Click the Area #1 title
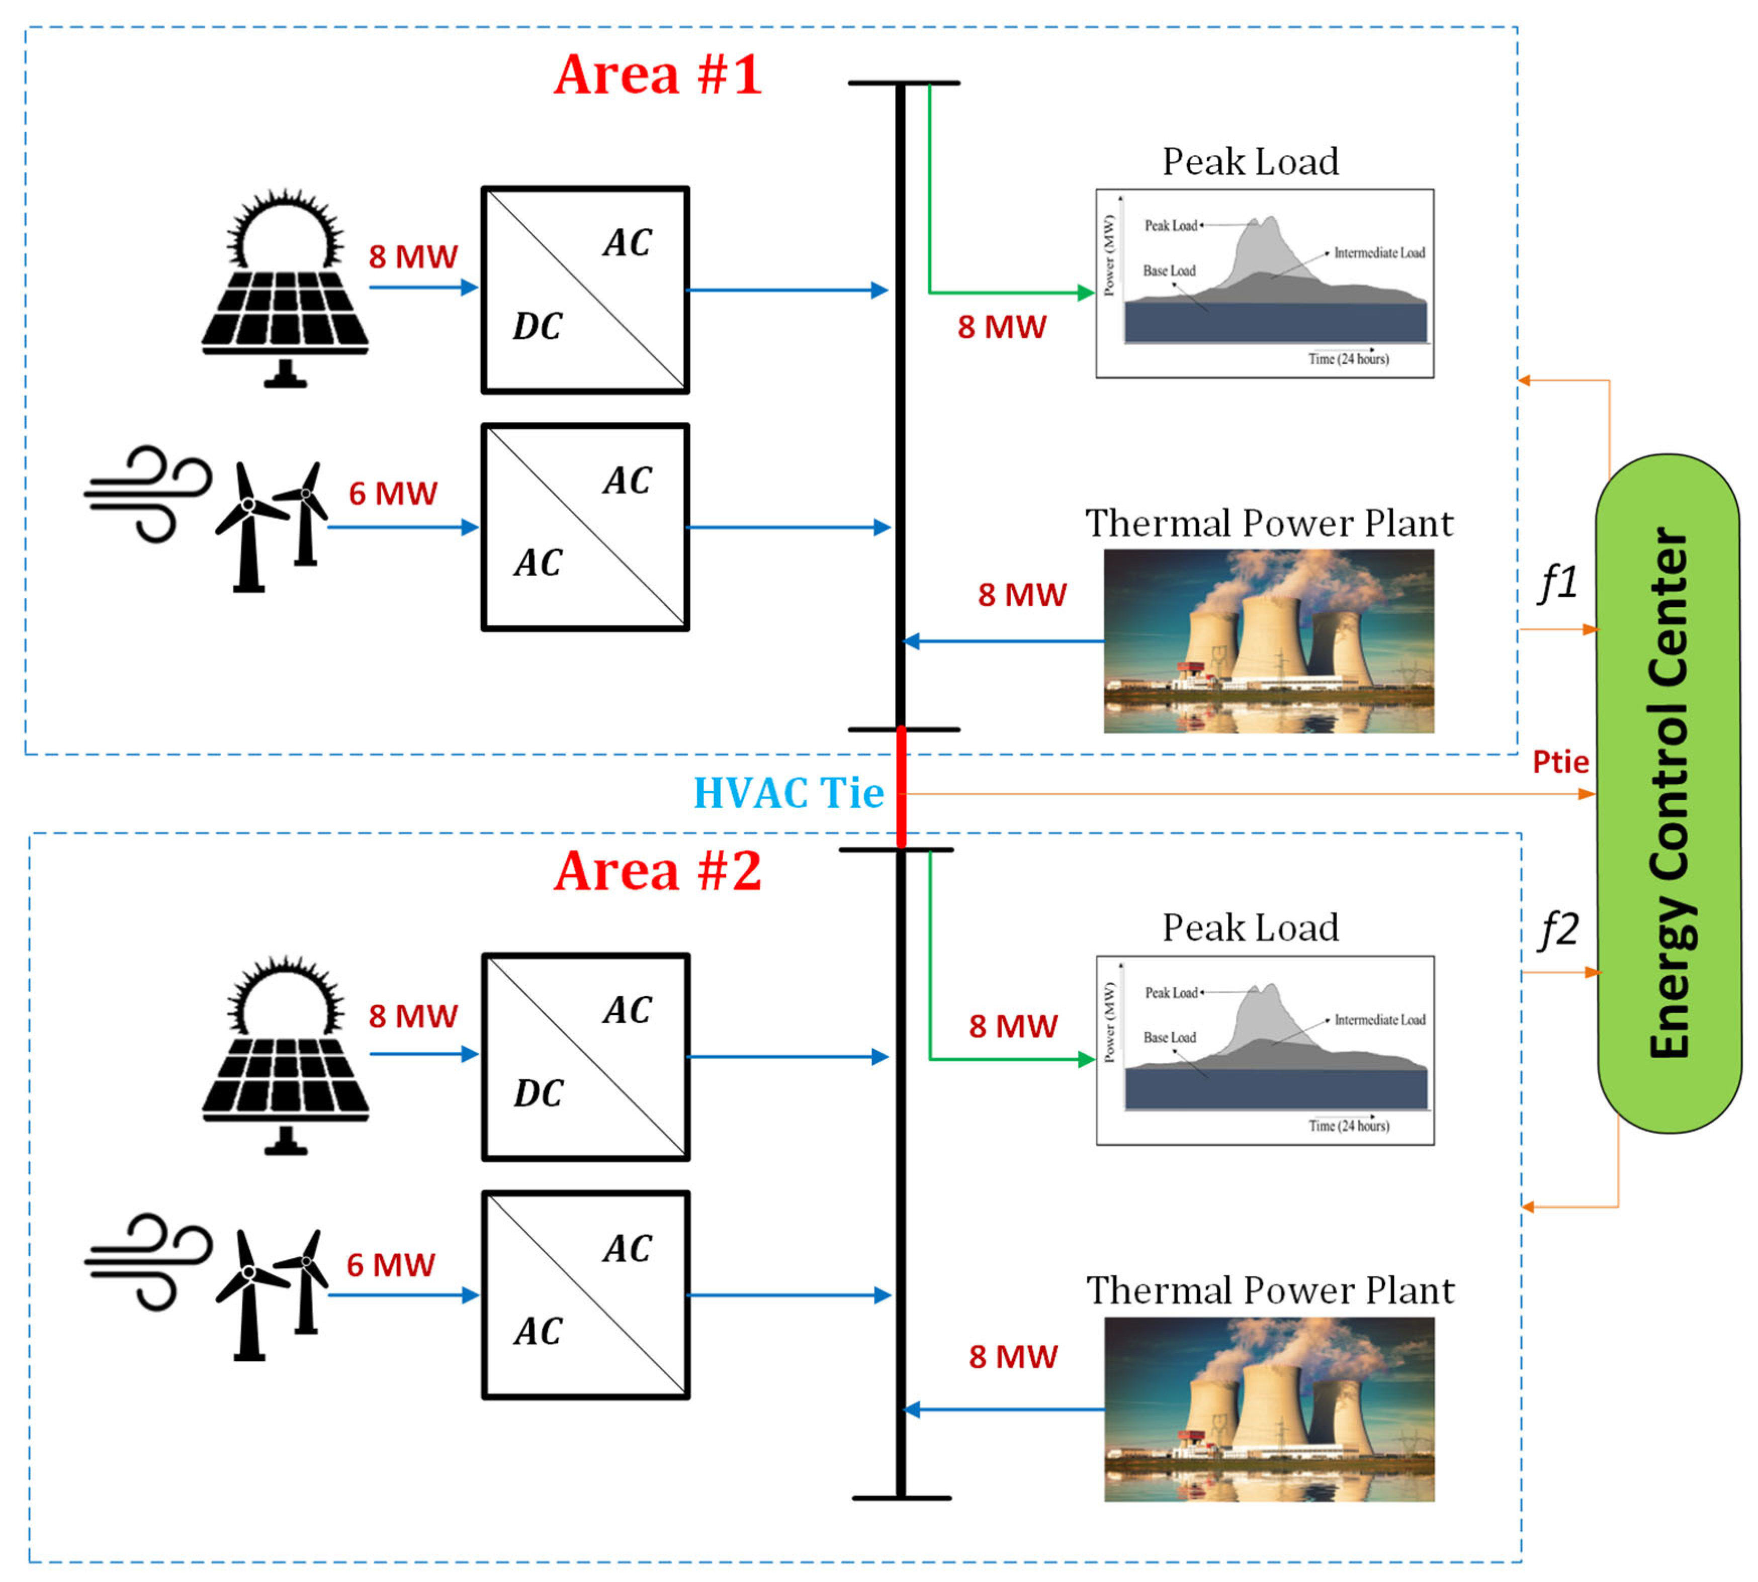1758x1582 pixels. [658, 75]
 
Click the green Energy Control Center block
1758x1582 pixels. [1668, 793]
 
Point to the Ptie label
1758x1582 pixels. [1561, 762]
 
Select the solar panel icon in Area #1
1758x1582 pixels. [285, 288]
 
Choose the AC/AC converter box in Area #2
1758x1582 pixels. [586, 1294]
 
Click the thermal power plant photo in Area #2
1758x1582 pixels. [1269, 1409]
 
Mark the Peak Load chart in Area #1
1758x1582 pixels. [1265, 284]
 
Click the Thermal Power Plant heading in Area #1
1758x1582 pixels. [1269, 523]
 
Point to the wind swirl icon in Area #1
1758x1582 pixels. [148, 494]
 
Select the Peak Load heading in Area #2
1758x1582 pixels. [1251, 927]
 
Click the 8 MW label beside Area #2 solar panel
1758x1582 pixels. [413, 1016]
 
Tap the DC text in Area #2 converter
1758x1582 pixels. [538, 1093]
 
